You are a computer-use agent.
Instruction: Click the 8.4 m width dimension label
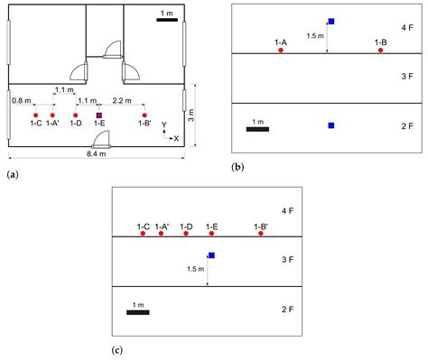coord(93,156)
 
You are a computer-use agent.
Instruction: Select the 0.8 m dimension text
coord(23,101)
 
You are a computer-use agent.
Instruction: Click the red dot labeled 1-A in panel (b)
coord(281,51)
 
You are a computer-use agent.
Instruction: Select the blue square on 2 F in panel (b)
coord(331,125)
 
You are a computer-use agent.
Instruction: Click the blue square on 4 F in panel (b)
coord(331,21)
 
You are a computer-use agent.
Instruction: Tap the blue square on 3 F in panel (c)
coord(211,255)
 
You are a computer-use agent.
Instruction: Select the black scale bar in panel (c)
coord(137,313)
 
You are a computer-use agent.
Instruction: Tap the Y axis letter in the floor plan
coord(164,124)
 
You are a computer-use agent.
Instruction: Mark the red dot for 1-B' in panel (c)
coord(261,235)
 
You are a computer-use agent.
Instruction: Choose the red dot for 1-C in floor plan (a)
coord(35,115)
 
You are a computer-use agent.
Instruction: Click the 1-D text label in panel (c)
coord(187,226)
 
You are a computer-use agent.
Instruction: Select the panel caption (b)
coord(239,167)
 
